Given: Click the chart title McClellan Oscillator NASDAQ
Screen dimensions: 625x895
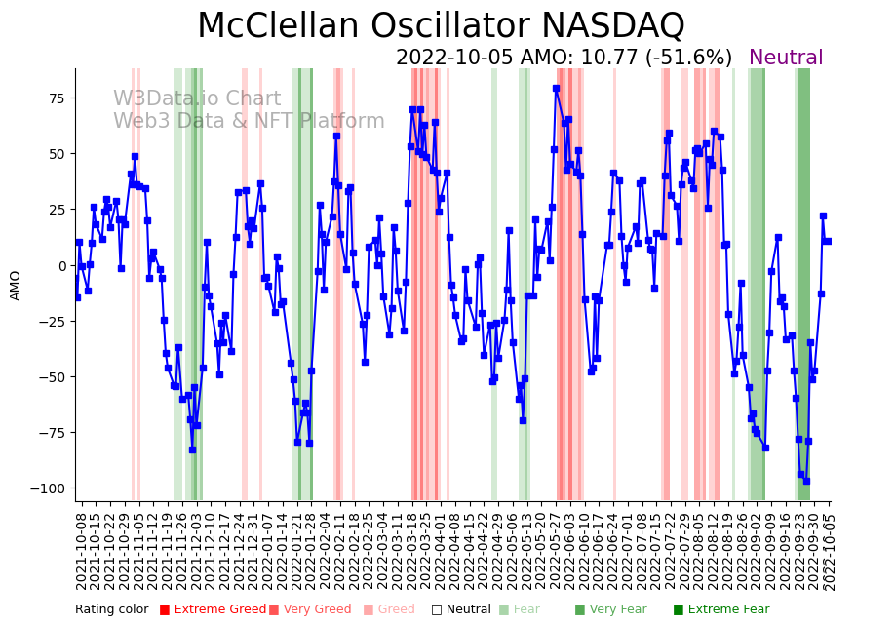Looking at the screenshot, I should tap(441, 25).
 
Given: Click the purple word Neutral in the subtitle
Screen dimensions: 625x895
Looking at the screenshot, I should tap(786, 58).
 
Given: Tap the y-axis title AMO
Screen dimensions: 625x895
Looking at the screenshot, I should tap(16, 285).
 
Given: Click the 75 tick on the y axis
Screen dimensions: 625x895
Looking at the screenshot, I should tap(58, 98).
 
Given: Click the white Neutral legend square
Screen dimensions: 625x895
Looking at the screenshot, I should tap(437, 609).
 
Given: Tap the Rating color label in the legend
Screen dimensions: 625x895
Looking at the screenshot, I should tap(111, 609).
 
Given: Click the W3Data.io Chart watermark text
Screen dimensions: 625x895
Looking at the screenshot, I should tap(196, 98).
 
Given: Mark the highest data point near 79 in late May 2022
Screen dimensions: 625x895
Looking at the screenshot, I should tap(556, 89).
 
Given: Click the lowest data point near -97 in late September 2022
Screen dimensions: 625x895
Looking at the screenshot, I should tap(806, 481).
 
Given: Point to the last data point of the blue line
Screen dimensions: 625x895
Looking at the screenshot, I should tap(828, 241).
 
